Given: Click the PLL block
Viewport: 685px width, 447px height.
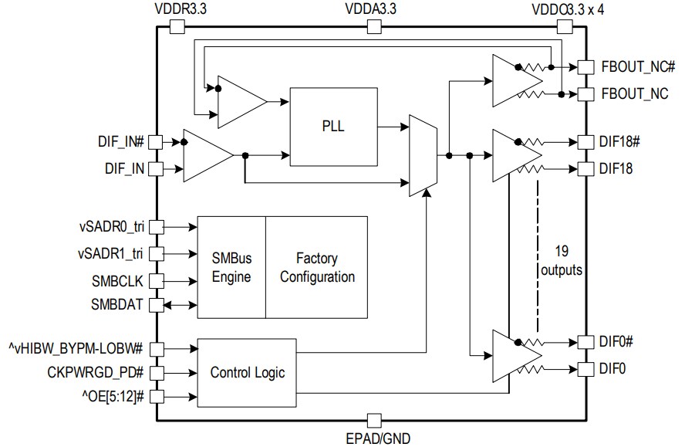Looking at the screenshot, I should pyautogui.click(x=334, y=127).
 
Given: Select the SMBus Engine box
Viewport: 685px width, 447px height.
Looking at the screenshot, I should pyautogui.click(x=231, y=266).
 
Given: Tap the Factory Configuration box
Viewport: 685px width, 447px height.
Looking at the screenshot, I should pyautogui.click(x=317, y=266).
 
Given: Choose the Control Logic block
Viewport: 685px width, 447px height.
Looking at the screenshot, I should pyautogui.click(x=247, y=373).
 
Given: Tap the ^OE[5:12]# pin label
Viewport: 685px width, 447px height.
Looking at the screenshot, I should pyautogui.click(x=108, y=397).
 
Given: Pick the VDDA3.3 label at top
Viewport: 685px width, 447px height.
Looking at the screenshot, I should pyautogui.click(x=374, y=10).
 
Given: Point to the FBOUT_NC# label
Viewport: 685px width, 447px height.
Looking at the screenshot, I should pyautogui.click(x=638, y=66).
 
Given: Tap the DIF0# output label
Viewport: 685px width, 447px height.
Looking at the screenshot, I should pyautogui.click(x=616, y=341).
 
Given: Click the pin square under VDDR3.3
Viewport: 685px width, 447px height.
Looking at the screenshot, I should pyautogui.click(x=177, y=27).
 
